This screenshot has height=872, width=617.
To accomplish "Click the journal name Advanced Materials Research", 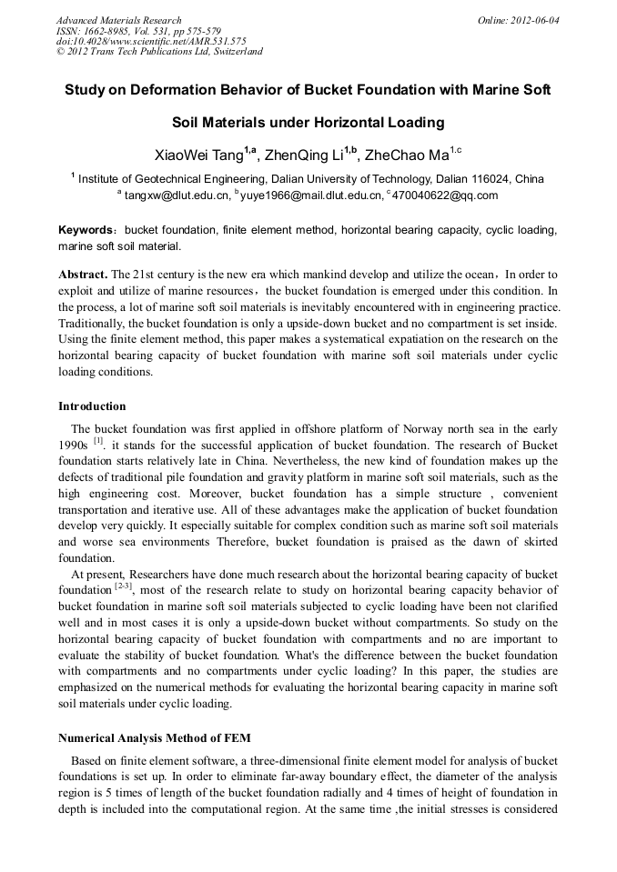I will click(118, 20).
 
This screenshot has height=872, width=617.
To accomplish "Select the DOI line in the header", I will click(150, 41).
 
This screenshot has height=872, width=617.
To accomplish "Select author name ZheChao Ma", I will click(406, 153).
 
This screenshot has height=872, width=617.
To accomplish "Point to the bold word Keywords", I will click(86, 231).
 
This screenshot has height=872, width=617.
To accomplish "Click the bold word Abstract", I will click(83, 274).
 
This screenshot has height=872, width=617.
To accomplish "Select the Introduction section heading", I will click(92, 406).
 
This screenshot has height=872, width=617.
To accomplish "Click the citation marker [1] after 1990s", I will click(100, 441).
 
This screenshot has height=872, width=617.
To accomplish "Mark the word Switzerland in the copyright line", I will click(234, 52).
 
